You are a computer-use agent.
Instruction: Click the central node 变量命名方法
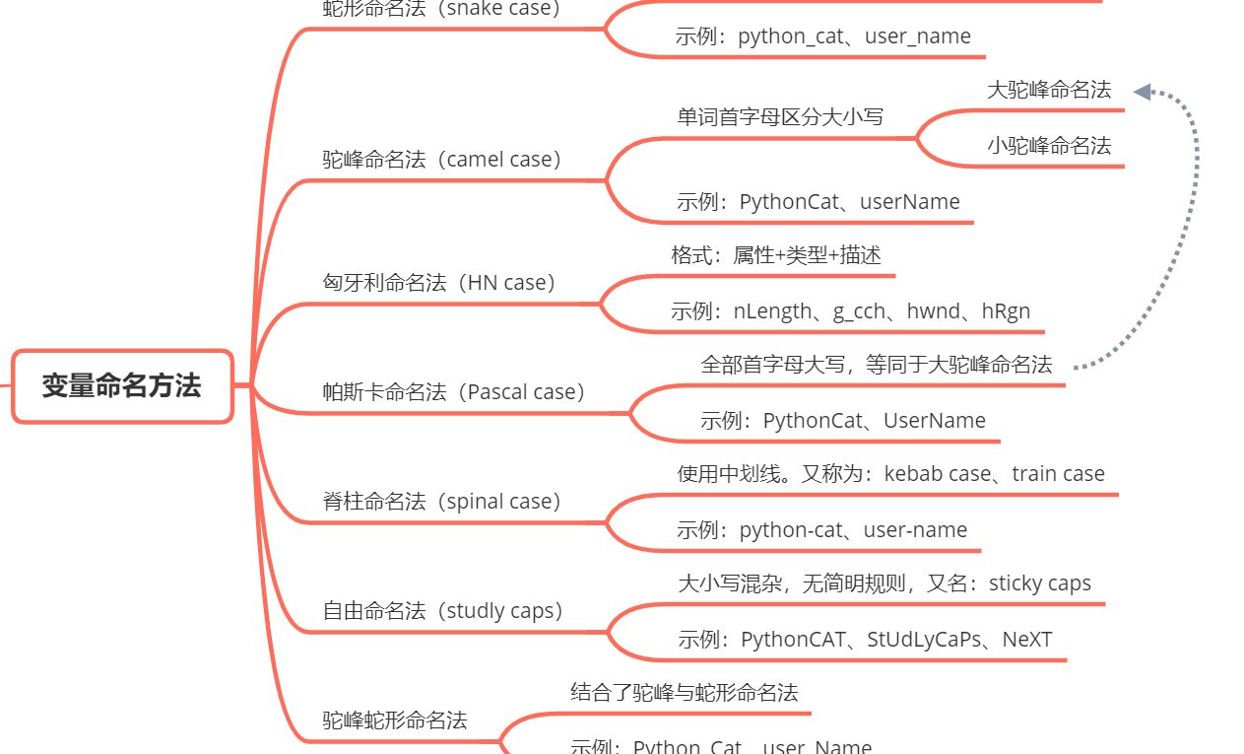pos(121,385)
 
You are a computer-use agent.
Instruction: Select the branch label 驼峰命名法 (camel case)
pos(442,160)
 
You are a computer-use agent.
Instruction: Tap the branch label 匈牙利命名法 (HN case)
pos(440,283)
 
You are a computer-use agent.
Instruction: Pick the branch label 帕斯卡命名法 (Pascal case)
pos(454,392)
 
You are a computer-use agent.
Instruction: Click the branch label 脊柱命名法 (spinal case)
pos(442,502)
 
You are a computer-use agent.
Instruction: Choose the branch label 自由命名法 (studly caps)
pos(443,611)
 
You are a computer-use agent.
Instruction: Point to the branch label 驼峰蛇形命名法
pos(395,720)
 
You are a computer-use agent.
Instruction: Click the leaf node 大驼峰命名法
pos(1049,91)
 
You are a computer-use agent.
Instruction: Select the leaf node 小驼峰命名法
pos(1049,146)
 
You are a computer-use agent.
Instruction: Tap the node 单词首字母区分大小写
pos(780,117)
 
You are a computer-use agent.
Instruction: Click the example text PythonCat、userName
pos(818,202)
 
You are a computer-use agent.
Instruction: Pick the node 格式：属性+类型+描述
pos(775,256)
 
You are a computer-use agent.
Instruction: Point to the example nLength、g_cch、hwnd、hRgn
pos(850,311)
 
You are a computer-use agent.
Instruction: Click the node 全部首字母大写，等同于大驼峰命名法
pos(876,365)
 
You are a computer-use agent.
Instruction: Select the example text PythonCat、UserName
pos(842,421)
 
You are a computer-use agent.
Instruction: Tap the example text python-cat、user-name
pos(821,530)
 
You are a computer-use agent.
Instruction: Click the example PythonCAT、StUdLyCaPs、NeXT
pos(865,640)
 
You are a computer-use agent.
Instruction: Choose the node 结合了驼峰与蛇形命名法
pos(684,693)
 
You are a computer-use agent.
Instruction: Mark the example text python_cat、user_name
pos(822,36)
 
